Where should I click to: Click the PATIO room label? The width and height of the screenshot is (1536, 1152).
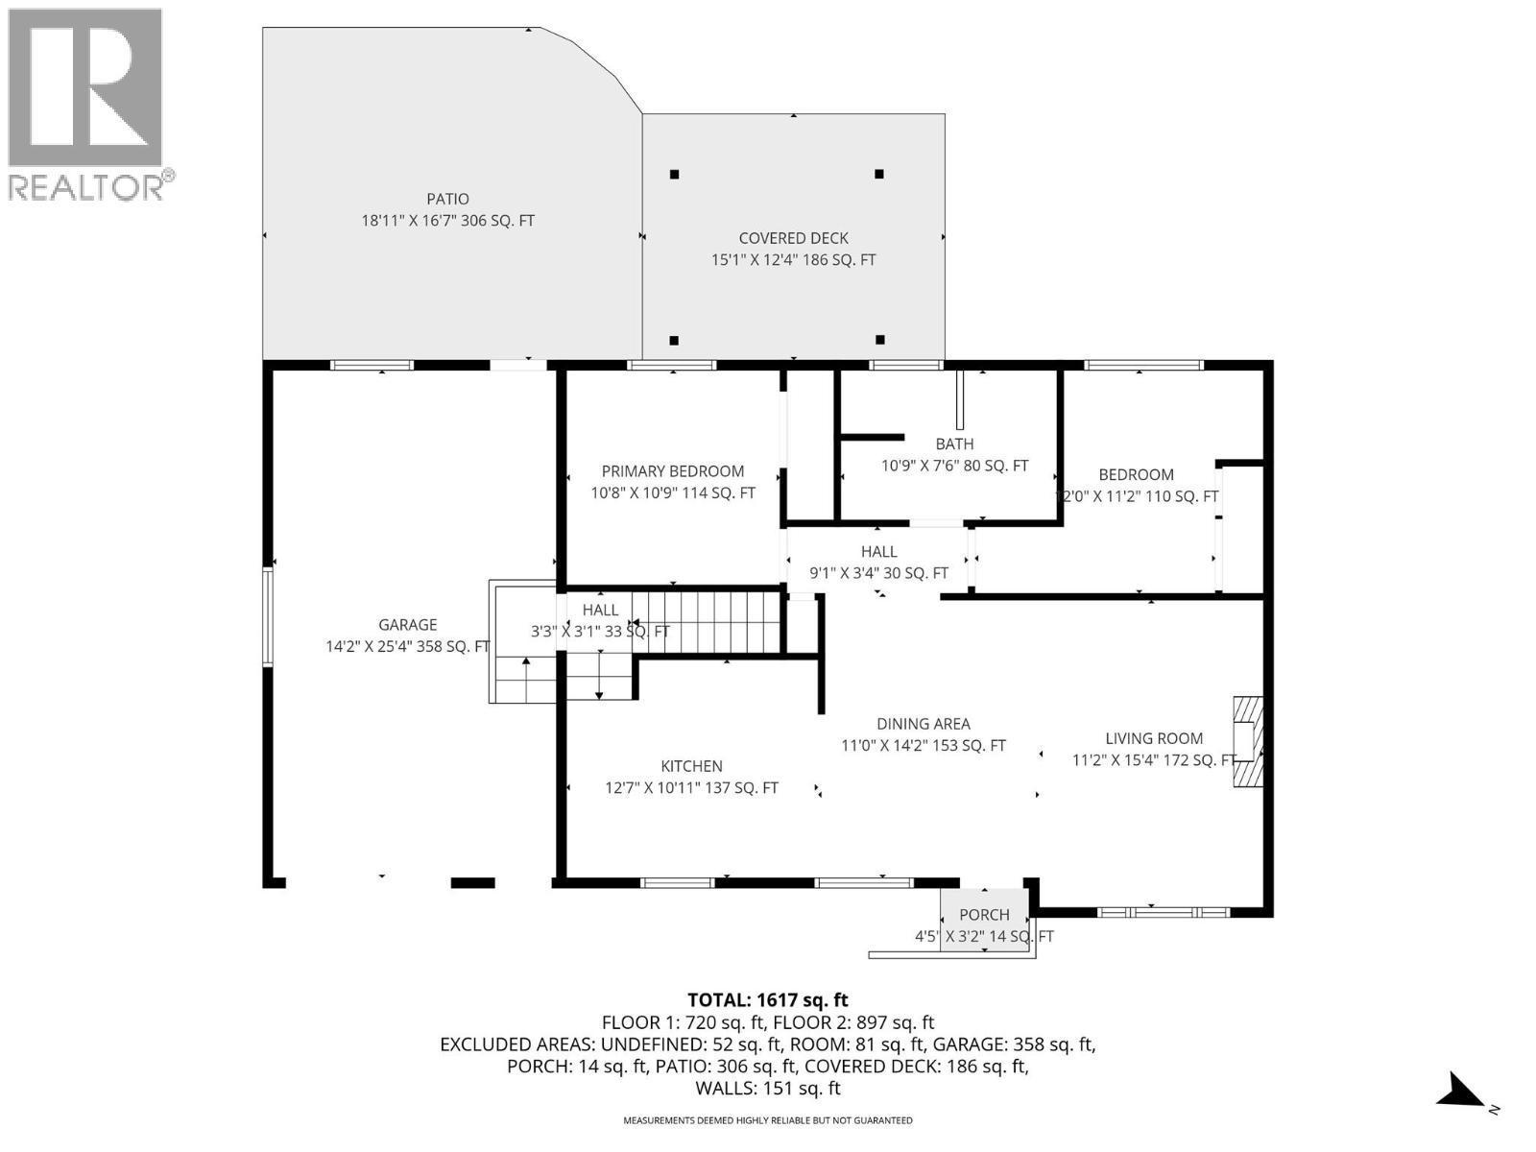(x=447, y=199)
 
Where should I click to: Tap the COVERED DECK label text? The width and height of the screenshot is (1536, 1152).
(x=793, y=238)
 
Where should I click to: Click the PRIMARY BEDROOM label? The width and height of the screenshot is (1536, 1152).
(x=672, y=471)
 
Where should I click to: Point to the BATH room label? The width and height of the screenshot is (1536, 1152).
(x=954, y=444)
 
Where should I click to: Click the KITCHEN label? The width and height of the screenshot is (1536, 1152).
(x=691, y=766)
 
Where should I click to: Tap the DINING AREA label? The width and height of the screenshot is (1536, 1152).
(x=923, y=724)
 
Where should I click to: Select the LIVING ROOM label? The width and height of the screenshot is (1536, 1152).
(x=1153, y=738)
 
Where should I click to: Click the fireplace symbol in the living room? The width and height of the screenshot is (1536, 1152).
(x=1248, y=741)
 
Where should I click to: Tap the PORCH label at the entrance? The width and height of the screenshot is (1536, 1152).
(x=984, y=915)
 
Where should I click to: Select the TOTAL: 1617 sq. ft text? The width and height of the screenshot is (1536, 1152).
(x=767, y=999)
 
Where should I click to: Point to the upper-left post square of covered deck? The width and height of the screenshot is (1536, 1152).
(x=675, y=175)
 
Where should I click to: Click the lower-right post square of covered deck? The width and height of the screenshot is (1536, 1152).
(x=879, y=340)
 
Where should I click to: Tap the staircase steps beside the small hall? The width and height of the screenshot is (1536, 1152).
(x=706, y=622)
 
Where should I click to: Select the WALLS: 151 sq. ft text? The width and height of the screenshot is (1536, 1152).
(x=767, y=1088)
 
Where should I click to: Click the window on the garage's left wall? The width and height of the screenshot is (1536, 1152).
(x=269, y=615)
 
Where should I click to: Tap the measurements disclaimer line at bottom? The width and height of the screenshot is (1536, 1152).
(x=767, y=1120)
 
